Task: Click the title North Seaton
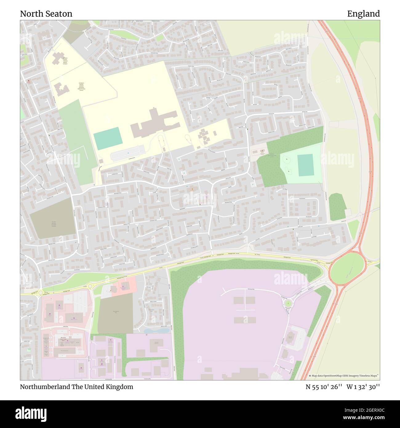[46, 14]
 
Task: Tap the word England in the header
[363, 14]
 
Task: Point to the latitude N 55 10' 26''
[324, 387]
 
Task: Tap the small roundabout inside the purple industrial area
[288, 304]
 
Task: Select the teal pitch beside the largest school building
[108, 138]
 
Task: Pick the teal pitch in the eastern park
[305, 165]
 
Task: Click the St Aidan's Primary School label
[81, 87]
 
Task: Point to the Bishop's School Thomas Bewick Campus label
[65, 61]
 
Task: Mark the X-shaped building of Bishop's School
[57, 59]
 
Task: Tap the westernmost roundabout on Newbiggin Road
[40, 293]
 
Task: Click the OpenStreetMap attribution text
[344, 376]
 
